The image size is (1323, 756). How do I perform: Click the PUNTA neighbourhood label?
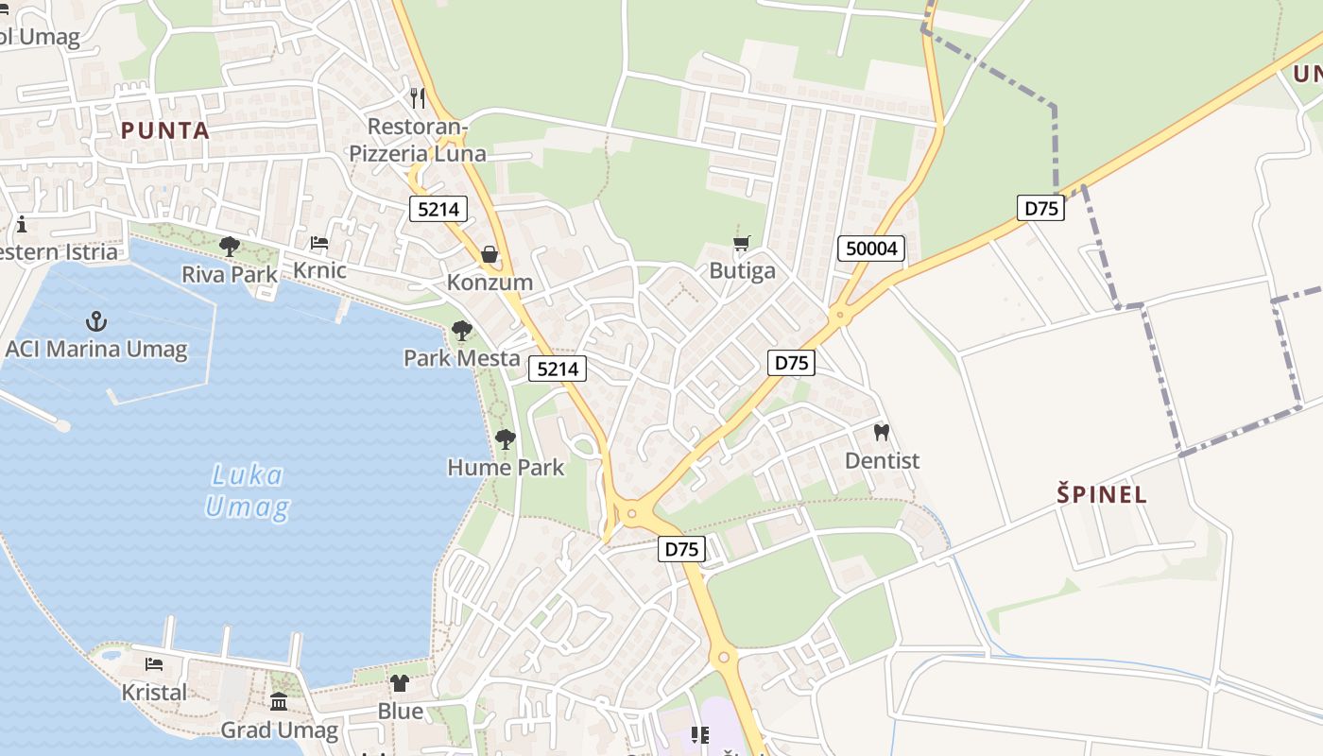coord(165,130)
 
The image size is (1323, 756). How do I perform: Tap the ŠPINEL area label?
coord(1102,494)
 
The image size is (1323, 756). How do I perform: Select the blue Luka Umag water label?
coord(247,491)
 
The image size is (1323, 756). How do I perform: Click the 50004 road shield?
coord(871,249)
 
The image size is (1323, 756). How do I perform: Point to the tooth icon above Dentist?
coord(882,433)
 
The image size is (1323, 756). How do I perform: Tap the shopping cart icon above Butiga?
coord(742,244)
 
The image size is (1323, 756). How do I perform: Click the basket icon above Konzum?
coord(490,254)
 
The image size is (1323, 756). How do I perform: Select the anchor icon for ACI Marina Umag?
coord(95,321)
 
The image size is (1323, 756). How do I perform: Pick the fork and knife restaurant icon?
coord(417,97)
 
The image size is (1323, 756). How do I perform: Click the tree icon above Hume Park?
coord(506,439)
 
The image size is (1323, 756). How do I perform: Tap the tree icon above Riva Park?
coord(229,247)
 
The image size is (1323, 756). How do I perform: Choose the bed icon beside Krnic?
coord(319,243)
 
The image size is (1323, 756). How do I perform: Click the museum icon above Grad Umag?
coord(279,702)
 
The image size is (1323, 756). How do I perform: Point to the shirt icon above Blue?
coord(400,683)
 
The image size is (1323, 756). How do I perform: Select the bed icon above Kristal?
coord(154,664)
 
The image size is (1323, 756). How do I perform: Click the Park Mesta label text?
coord(462,358)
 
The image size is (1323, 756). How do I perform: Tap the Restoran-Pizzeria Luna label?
coord(418,140)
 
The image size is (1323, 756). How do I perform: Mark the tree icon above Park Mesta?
coord(462,331)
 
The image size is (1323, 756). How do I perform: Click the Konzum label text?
coord(490,282)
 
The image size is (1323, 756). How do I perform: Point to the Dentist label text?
coord(882,460)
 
